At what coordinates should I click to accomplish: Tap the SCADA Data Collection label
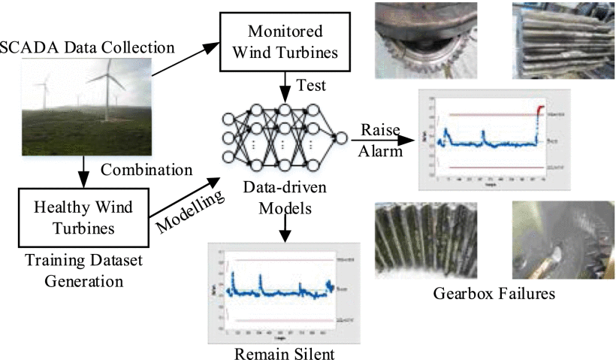[x=89, y=48]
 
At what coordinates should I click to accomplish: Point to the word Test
[x=312, y=84]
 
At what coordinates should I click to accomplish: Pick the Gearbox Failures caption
[x=494, y=292]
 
